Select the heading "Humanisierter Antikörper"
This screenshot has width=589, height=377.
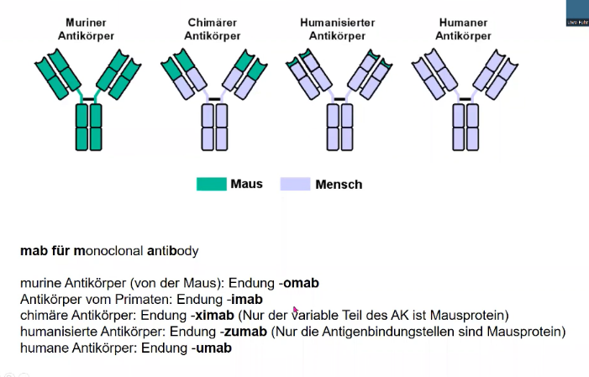click(x=336, y=29)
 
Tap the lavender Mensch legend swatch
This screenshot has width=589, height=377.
click(x=294, y=184)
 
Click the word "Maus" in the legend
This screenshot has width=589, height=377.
click(x=245, y=184)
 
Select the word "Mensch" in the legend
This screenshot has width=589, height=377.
click(x=339, y=184)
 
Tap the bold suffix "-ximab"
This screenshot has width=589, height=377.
click(x=215, y=315)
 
